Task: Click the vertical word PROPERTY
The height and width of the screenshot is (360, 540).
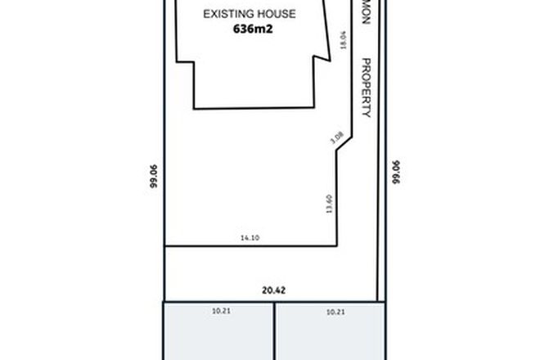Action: [367, 88]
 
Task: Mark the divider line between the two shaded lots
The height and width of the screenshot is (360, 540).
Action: [273, 331]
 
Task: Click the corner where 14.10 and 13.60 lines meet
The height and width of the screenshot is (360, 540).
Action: [336, 245]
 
